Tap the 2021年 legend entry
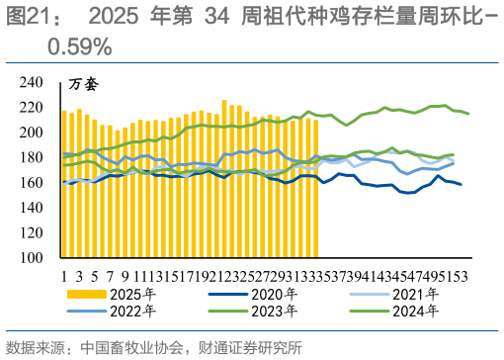tap(419, 294)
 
